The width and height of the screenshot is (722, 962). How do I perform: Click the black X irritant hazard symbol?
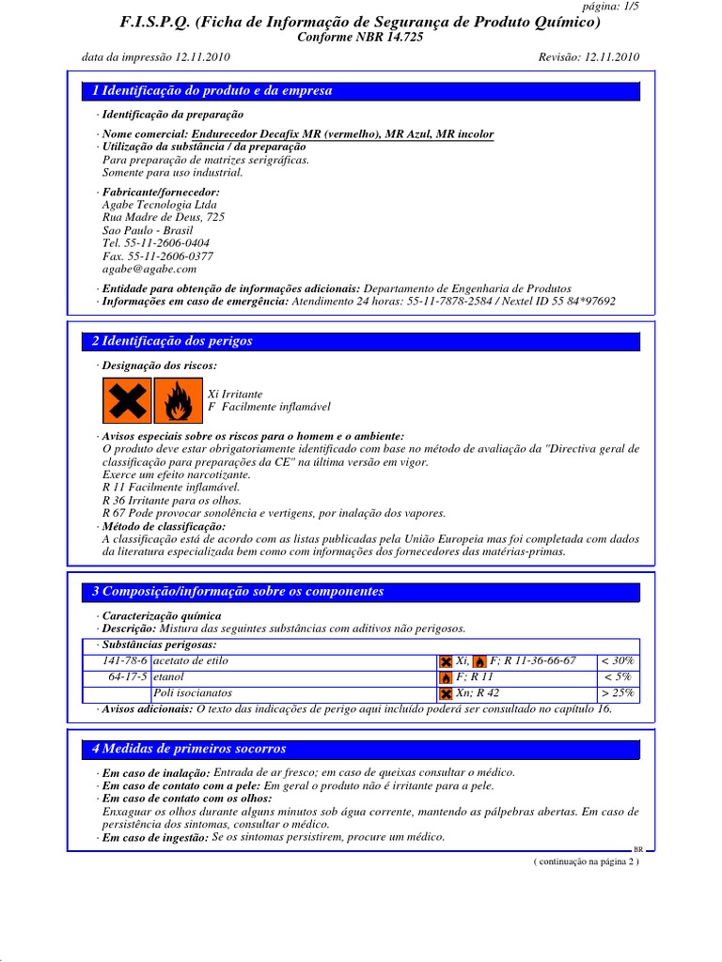127,401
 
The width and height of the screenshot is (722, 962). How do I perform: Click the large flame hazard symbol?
177,401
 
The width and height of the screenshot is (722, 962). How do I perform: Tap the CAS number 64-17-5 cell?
124,676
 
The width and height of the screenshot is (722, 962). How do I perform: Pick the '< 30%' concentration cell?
618,660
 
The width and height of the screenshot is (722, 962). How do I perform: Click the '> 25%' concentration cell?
618,692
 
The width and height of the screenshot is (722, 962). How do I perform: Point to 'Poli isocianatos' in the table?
192,692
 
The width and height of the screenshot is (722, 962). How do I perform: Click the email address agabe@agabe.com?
149,269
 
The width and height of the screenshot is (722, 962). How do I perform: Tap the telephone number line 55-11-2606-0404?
156,242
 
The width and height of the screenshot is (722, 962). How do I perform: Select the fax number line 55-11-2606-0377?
157,256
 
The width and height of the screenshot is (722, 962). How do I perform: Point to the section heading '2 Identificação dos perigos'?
172,341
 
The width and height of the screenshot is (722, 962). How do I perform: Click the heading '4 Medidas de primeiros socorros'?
189,749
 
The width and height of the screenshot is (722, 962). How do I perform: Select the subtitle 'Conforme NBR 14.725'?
360,36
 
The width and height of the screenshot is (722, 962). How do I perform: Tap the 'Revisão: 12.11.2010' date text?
589,56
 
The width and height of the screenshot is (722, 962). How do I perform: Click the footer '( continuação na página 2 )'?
586,861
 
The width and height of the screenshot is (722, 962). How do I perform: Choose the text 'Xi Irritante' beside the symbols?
235,394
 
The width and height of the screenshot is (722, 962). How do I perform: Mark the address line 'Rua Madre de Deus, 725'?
163,217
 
